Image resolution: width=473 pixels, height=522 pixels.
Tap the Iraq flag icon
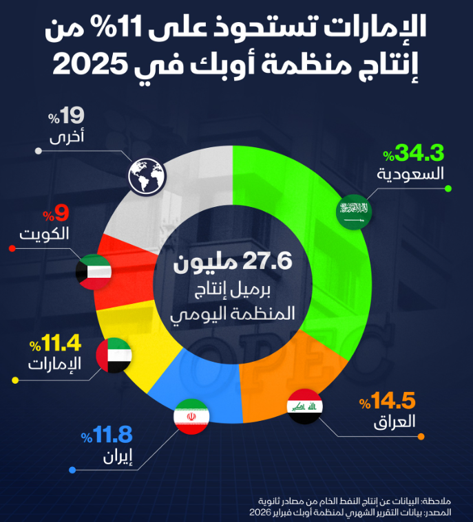point(305,406)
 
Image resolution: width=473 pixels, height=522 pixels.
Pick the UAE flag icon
point(116,356)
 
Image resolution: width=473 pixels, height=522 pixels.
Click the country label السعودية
point(412,173)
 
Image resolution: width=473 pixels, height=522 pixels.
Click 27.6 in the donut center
point(269,263)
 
